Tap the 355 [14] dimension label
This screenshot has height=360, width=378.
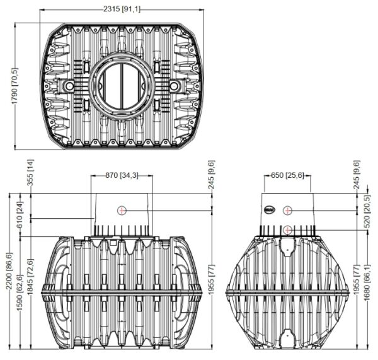[30, 172]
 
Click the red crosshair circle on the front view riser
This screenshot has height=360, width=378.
[122, 211]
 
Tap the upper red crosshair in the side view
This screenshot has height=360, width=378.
[287, 211]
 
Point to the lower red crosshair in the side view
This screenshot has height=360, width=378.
[287, 230]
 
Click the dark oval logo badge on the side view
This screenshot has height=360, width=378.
[269, 210]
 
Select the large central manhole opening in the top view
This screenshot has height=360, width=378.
[122, 86]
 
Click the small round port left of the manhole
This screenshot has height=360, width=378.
[69, 85]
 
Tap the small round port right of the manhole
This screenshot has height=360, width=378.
[174, 85]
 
